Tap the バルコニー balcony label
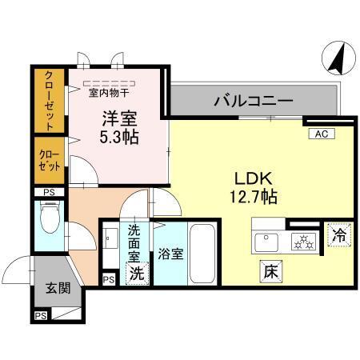click(x=252, y=102)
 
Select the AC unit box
click(x=320, y=134)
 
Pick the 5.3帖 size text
click(x=118, y=137)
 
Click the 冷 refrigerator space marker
click(x=338, y=236)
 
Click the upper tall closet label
click(x=48, y=100)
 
